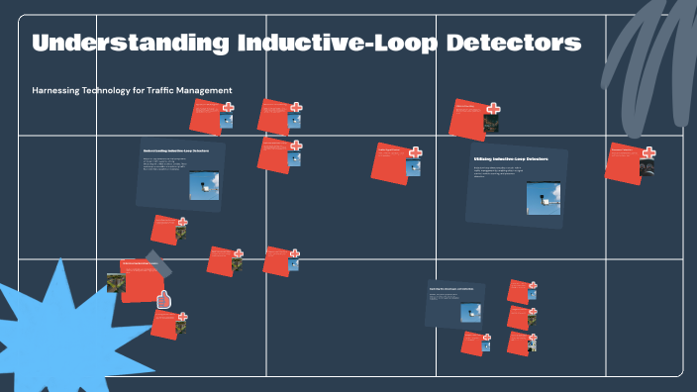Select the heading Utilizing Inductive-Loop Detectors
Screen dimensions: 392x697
[x=511, y=159]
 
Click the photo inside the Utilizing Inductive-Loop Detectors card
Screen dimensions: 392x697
[x=543, y=198]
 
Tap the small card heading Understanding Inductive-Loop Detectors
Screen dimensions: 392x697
[x=176, y=151]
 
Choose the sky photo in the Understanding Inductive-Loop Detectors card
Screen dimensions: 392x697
[x=204, y=186]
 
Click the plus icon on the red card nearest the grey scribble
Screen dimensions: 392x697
[x=647, y=152]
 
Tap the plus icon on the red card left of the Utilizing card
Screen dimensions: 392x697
[x=415, y=152]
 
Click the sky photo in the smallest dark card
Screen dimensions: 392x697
[x=470, y=311]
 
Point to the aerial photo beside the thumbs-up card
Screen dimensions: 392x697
[x=116, y=282]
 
